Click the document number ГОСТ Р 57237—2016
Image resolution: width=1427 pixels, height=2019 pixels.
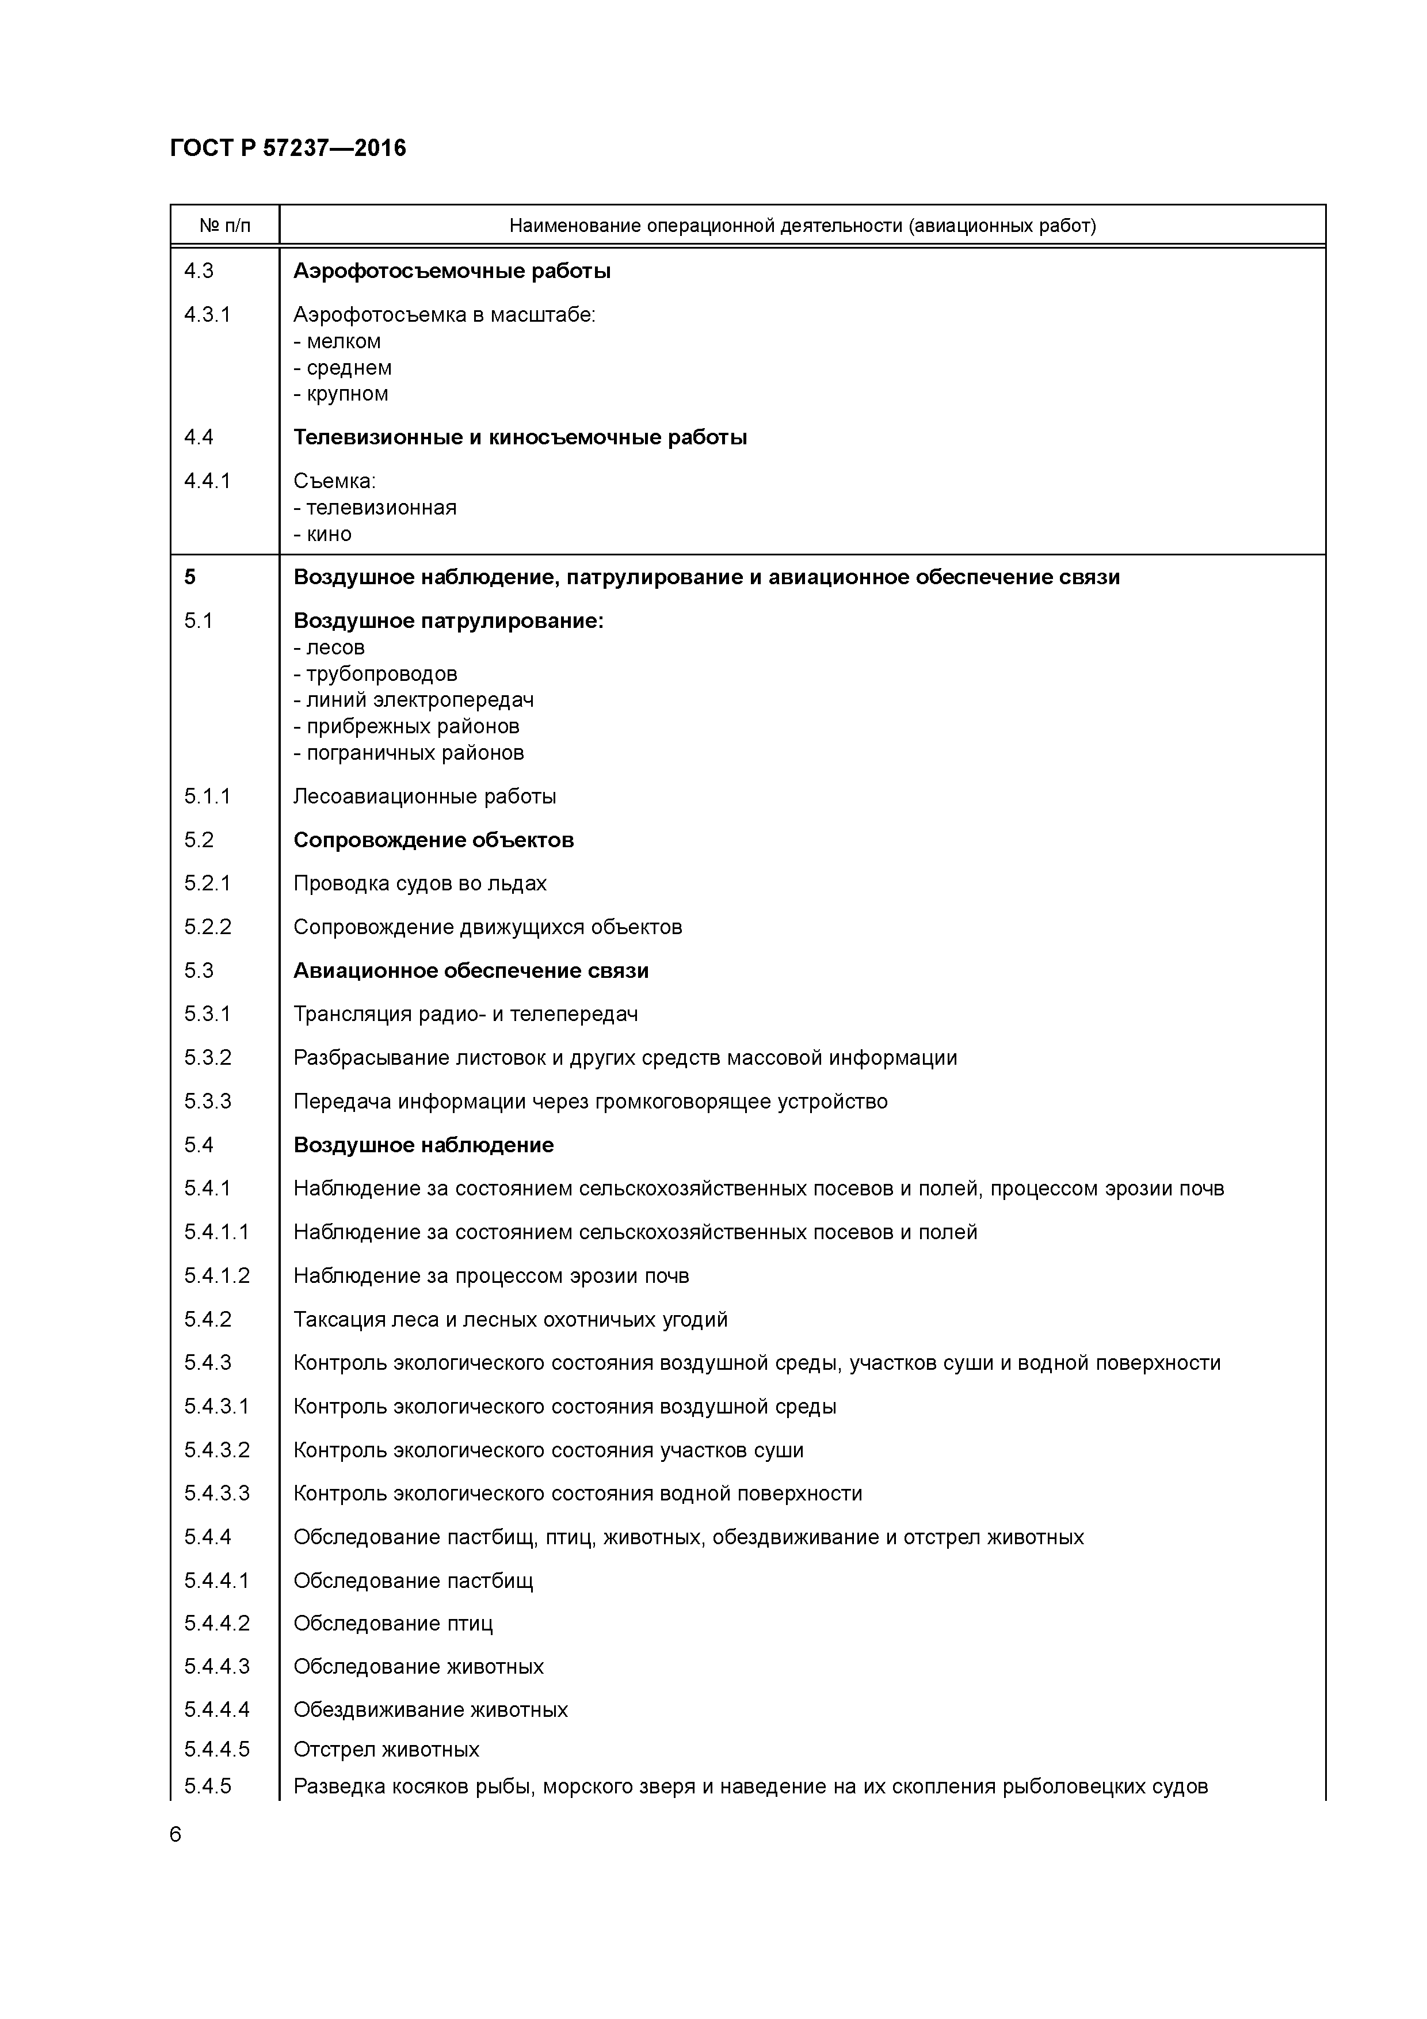click(x=288, y=148)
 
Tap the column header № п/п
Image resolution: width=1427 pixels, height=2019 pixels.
click(x=224, y=226)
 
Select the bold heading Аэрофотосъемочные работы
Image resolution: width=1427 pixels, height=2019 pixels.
click(x=452, y=271)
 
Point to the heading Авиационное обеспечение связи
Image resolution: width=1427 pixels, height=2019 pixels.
click(x=471, y=971)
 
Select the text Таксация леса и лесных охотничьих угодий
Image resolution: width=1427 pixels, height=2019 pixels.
click(x=510, y=1319)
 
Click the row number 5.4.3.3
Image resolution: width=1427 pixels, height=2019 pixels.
click(x=216, y=1493)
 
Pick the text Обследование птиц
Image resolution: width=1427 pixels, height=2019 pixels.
click(x=393, y=1623)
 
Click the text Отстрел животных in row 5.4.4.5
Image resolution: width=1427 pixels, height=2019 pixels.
click(x=386, y=1749)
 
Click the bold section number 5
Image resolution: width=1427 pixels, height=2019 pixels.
click(x=190, y=577)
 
